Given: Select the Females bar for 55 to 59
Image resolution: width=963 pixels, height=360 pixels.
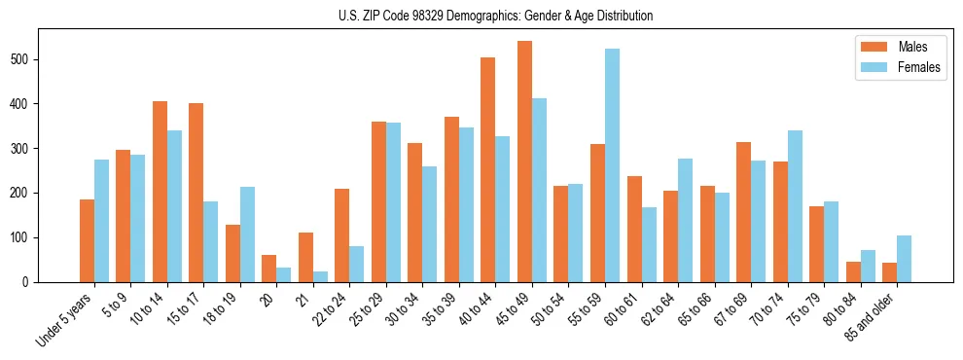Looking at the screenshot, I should [612, 165].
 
